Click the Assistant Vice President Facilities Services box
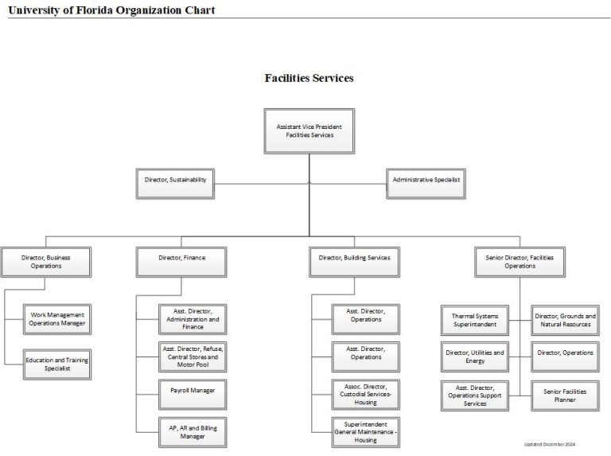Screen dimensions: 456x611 coord(309,131)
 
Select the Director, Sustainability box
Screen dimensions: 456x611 coord(175,181)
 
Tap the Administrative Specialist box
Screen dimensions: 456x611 coord(426,181)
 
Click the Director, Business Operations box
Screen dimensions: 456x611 coord(46,262)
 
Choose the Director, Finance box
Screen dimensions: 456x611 coord(181,259)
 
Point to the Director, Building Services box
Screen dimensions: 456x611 coord(354,259)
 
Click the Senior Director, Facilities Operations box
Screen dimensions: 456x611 coord(520,262)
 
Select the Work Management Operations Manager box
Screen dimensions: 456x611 coord(56,319)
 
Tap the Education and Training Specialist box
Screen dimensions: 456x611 coord(56,364)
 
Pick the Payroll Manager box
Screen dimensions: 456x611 coord(192,392)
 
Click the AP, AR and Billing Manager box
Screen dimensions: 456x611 coord(192,432)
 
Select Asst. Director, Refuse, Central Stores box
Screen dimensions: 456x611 coord(192,357)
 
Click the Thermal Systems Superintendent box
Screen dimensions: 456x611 coord(474,320)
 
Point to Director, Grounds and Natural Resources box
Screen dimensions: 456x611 coord(564,320)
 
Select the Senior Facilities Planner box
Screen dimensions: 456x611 coord(564,395)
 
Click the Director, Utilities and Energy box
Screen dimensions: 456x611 coord(474,357)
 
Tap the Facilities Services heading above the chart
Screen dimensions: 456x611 coord(309,78)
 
